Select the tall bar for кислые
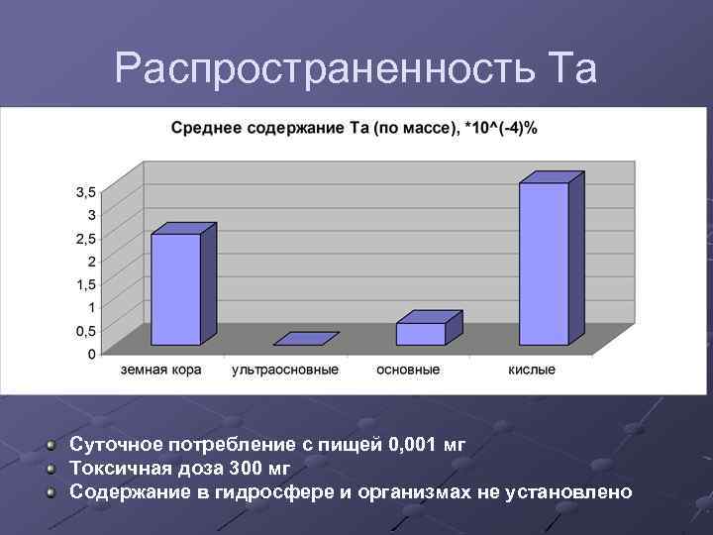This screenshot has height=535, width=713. [x=545, y=263]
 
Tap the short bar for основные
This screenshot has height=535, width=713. [x=421, y=333]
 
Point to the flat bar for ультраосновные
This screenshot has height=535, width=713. [x=305, y=339]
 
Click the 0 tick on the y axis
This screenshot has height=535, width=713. [x=91, y=353]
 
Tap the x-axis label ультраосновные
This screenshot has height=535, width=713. [x=284, y=370]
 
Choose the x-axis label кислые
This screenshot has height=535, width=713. [x=532, y=370]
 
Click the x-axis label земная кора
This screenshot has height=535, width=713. [x=161, y=370]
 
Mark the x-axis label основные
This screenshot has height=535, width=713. [x=408, y=370]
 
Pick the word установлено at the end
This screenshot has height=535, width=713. [x=571, y=491]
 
